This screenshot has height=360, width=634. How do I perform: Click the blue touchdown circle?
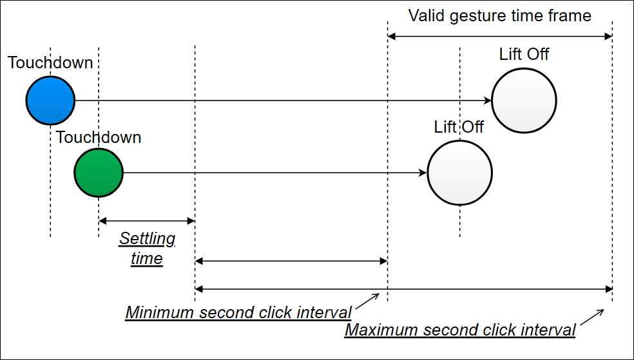click(50, 100)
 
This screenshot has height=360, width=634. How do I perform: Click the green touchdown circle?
click(98, 173)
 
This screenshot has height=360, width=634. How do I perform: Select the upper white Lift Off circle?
click(523, 100)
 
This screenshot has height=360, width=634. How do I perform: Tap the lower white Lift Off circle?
click(459, 173)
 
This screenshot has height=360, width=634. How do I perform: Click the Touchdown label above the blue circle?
click(50, 63)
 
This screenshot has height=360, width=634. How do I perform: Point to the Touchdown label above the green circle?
click(98, 137)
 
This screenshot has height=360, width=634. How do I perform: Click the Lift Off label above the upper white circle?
click(524, 54)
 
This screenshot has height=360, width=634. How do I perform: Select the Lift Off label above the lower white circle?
click(459, 126)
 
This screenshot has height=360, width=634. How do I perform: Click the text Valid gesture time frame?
click(499, 15)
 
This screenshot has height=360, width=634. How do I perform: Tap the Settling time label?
click(147, 249)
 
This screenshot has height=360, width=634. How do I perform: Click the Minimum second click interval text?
click(238, 313)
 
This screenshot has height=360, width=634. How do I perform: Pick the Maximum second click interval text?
click(460, 330)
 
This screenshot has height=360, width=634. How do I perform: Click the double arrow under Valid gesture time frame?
click(499, 37)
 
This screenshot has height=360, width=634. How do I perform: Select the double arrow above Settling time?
click(146, 221)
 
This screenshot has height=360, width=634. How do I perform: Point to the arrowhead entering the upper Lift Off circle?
click(487, 100)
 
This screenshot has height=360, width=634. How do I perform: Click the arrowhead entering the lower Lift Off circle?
click(423, 173)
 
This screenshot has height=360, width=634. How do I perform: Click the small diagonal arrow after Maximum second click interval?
click(592, 317)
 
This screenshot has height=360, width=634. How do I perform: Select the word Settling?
click(147, 239)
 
